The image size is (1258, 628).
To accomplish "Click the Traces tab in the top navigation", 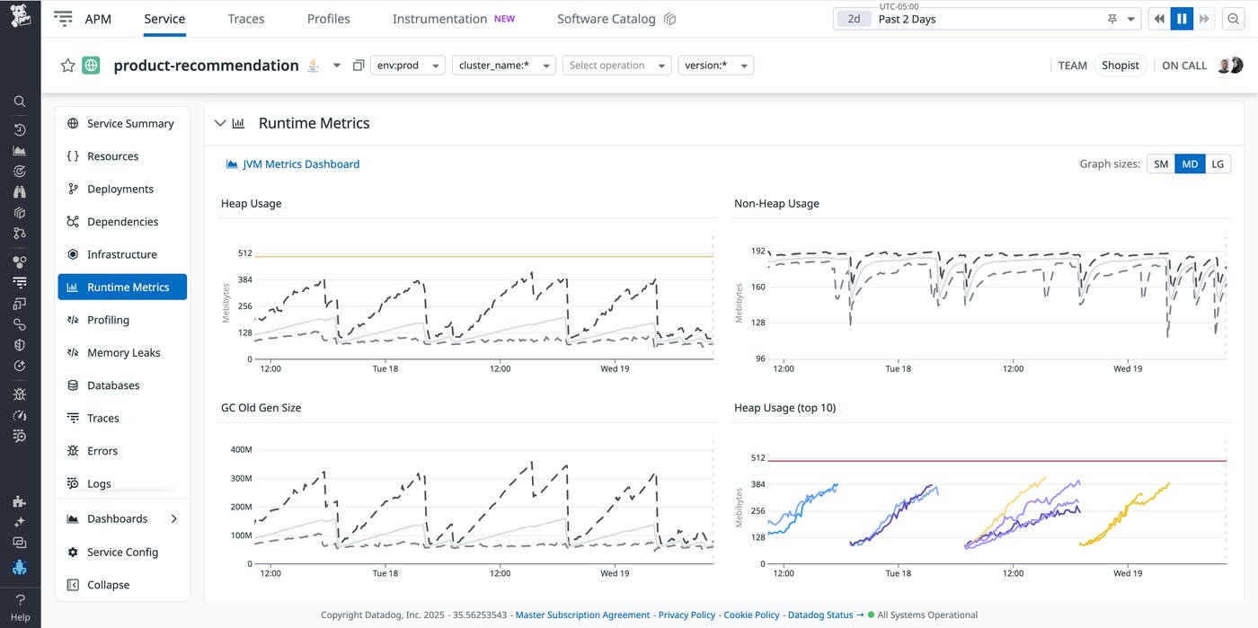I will click(245, 19).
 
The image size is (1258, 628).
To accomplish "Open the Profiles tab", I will click(328, 19).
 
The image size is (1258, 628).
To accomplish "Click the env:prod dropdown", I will click(407, 66).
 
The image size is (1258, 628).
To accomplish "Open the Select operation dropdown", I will click(616, 66).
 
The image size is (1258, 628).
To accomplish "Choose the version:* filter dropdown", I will click(715, 66).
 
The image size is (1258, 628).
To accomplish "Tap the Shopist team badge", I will click(1120, 66).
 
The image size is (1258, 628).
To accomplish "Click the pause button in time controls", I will click(1183, 19).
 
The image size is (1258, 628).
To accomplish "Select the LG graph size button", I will click(1217, 164).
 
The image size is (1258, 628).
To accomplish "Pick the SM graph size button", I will click(1161, 164).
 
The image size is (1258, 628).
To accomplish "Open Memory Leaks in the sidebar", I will click(123, 353).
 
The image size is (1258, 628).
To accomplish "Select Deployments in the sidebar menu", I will click(120, 190).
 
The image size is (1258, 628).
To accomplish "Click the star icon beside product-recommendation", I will click(67, 66).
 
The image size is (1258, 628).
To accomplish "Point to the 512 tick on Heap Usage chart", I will click(244, 253).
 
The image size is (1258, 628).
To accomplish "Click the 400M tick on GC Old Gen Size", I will click(241, 449).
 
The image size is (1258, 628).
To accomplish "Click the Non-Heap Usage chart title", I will click(776, 204).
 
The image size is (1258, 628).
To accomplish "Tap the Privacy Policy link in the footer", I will click(687, 615).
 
